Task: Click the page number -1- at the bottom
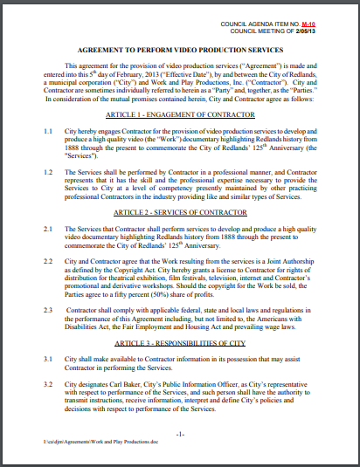179,434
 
